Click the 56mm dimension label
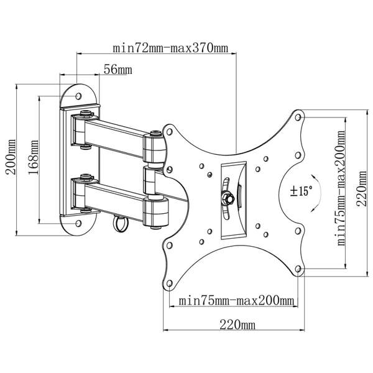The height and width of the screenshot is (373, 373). [x=117, y=70]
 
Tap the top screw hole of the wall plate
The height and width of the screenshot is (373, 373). [x=78, y=96]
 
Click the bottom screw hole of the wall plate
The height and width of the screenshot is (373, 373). [x=78, y=222]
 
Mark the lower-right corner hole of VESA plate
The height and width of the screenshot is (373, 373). [x=299, y=268]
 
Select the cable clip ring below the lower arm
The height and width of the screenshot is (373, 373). [x=119, y=222]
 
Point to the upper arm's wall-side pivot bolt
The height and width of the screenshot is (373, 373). [x=85, y=114]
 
